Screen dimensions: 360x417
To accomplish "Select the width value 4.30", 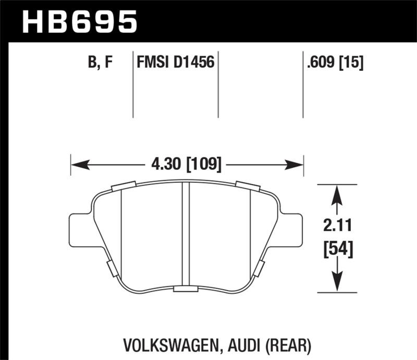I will pyautogui.click(x=163, y=165).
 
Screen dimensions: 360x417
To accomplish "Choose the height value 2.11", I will pyautogui.click(x=337, y=226).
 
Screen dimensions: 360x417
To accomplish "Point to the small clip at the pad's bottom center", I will pyautogui.click(x=185, y=289).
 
